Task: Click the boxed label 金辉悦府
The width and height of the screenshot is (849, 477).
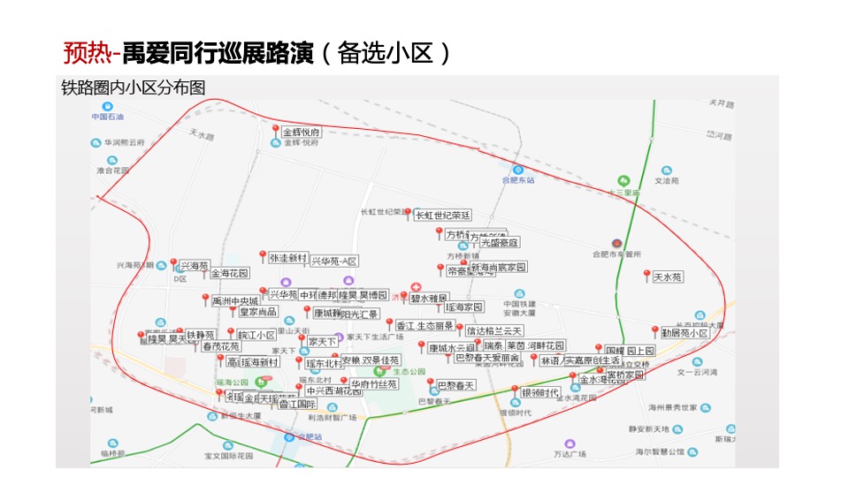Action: [302, 132]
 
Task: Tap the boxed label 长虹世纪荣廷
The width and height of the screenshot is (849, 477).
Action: [442, 215]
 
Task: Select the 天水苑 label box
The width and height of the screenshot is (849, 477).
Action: [668, 277]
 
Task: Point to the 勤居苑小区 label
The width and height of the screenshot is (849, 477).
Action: [685, 333]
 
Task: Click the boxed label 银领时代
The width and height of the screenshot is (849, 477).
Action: [539, 393]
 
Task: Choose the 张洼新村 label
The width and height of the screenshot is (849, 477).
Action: [287, 258]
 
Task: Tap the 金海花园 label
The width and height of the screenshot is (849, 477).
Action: [229, 274]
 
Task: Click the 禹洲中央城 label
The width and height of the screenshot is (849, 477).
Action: [235, 301]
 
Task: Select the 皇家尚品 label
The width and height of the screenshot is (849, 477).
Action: [257, 312]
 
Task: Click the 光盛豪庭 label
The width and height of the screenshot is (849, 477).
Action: [500, 242]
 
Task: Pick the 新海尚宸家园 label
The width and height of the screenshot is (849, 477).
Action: [498, 267]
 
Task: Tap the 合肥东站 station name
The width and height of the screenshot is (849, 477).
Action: [517, 180]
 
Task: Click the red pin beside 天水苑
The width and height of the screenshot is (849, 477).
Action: [646, 275]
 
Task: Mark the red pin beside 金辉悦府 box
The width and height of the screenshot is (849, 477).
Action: [276, 131]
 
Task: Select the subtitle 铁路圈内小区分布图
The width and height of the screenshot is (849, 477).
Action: [133, 87]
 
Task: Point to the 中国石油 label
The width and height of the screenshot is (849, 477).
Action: [107, 116]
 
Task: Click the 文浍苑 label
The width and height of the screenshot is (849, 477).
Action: [665, 180]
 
